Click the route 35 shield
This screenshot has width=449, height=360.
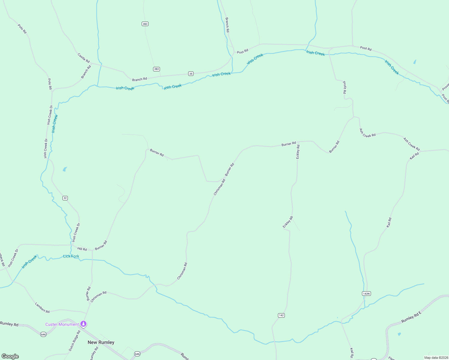click(x=191, y=73)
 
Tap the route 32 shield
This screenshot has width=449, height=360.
click(x=65, y=198)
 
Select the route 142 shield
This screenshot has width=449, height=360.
click(x=281, y=315)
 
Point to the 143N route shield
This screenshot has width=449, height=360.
click(x=366, y=293)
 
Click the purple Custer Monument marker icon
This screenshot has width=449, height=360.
click(x=84, y=324)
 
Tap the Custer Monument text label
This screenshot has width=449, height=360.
click(x=62, y=324)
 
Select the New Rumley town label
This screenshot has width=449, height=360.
click(x=101, y=342)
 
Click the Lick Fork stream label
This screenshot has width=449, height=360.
click(x=71, y=256)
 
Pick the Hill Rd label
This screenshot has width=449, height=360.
click(x=82, y=249)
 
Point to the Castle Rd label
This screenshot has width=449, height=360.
click(x=83, y=58)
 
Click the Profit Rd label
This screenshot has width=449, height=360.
click(x=345, y=88)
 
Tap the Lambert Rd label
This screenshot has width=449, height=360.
click(x=42, y=308)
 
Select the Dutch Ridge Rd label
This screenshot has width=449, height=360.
click(x=74, y=340)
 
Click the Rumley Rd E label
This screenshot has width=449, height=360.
click(x=411, y=317)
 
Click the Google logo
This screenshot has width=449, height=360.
click(x=10, y=356)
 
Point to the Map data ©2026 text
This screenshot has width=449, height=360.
click(x=436, y=358)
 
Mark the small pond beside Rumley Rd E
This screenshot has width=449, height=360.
click(x=399, y=334)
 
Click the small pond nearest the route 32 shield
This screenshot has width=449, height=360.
click(x=65, y=169)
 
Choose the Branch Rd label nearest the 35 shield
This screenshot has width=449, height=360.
click(x=140, y=79)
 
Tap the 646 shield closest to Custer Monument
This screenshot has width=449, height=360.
click(x=44, y=334)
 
